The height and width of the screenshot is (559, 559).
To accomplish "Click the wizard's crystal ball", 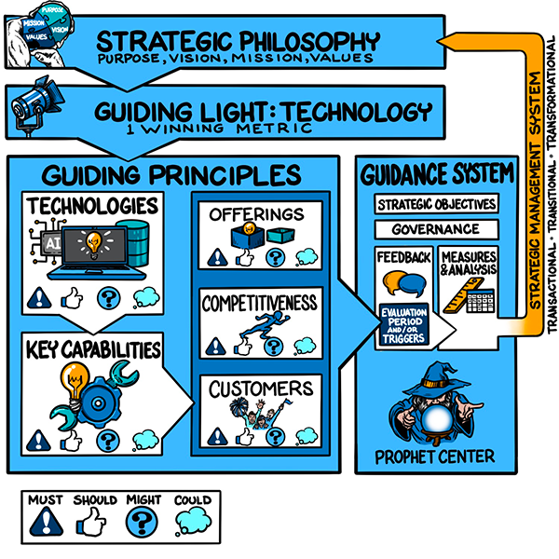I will pos(438,420).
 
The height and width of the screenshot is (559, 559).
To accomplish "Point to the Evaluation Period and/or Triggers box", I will pos(402,325).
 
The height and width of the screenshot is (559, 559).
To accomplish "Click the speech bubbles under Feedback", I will pos(402,282).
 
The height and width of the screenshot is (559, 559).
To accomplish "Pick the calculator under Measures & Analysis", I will pos(481,305).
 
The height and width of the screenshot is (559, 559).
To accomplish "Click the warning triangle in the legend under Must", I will pos(45,522).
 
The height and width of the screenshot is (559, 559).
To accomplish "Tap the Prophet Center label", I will pos(434,457).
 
